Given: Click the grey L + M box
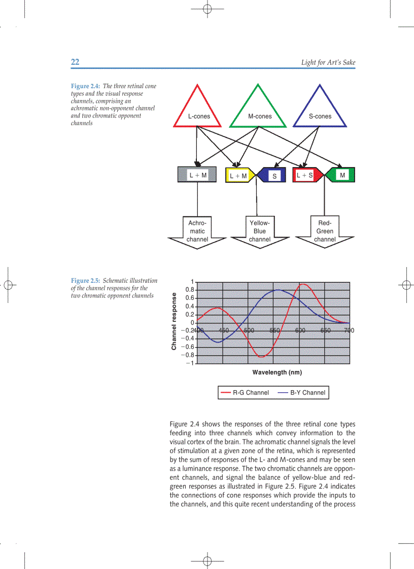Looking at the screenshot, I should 197,175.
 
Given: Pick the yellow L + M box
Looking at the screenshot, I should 238,175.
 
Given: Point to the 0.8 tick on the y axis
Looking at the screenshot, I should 190,290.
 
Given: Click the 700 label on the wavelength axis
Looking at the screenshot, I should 349,330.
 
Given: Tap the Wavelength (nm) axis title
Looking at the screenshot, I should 277,373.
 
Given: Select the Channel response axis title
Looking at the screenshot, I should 174,321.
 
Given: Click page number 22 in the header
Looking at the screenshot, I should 75,62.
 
